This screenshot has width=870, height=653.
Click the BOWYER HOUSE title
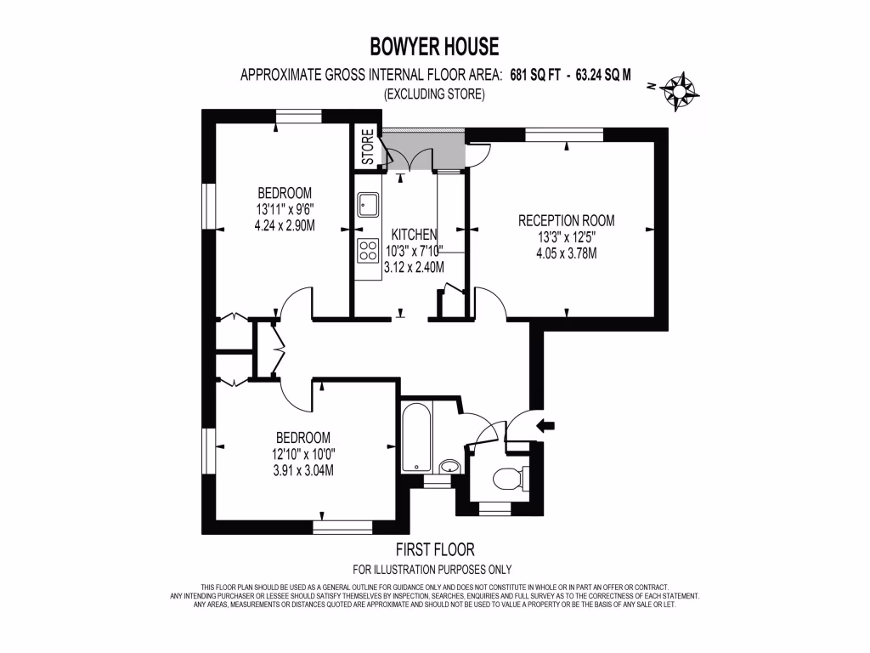tap(434, 47)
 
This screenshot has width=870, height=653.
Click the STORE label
tap(368, 147)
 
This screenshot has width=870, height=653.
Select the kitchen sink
tap(368, 205)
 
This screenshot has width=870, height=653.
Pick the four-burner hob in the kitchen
tap(368, 250)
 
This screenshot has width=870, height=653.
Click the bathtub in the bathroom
tap(416, 438)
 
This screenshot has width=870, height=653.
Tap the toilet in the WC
tap(508, 479)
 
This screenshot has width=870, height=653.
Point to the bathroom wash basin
tap(450, 467)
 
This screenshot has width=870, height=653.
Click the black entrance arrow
tap(545, 426)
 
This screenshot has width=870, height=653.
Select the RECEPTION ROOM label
tap(567, 220)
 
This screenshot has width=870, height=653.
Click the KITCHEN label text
tap(414, 235)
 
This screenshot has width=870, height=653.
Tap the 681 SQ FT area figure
tap(535, 75)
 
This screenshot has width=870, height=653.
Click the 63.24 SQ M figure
tap(603, 75)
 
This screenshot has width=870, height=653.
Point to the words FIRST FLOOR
tap(435, 550)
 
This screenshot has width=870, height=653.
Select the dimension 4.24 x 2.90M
tap(285, 226)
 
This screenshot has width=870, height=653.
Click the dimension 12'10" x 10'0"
tap(303, 454)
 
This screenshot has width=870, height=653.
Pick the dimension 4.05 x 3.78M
tap(567, 253)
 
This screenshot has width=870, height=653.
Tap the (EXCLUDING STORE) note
tap(434, 94)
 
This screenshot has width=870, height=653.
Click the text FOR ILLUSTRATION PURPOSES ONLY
tap(432, 569)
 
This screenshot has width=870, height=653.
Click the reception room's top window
tap(564, 135)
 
